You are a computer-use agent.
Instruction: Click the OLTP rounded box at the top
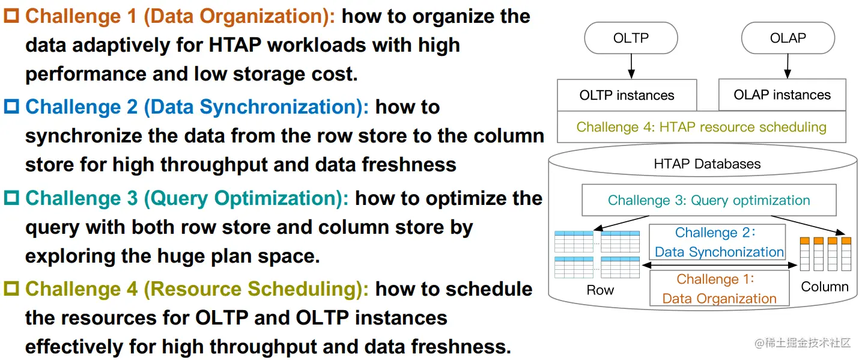click(x=631, y=38)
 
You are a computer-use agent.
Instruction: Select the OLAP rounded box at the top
click(x=788, y=38)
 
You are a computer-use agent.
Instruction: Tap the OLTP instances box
click(x=627, y=96)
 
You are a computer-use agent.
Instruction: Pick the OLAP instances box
click(x=782, y=95)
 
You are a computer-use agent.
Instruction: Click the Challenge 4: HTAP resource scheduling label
click(x=701, y=127)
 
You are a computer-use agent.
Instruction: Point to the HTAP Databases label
click(x=707, y=163)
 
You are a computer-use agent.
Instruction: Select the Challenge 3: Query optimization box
click(x=709, y=200)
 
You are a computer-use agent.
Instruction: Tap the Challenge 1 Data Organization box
click(x=719, y=289)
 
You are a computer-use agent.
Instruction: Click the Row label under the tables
click(x=600, y=290)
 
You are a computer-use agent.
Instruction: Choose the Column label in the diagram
click(x=825, y=287)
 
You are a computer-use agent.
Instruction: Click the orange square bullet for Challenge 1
click(x=11, y=16)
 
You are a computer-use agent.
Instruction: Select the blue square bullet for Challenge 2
click(x=11, y=108)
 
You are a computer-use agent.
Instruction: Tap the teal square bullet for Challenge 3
click(x=11, y=198)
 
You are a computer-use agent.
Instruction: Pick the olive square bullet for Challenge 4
click(x=11, y=290)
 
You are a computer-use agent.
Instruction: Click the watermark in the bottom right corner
click(x=803, y=343)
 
